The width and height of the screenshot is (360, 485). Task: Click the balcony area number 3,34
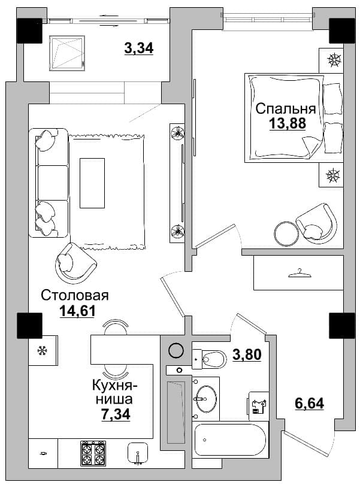coord(139,48)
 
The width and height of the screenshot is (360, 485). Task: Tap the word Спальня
coord(286,108)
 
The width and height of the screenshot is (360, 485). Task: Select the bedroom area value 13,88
coord(288,123)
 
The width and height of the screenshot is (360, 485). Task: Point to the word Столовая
coord(75,295)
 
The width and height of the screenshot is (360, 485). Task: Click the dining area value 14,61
coord(77,311)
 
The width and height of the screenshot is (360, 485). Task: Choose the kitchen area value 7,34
coord(116,414)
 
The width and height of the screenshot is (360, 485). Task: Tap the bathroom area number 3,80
coord(247,354)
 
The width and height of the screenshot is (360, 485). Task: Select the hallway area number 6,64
coord(310,404)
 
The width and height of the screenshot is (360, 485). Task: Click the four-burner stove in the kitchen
coord(93,453)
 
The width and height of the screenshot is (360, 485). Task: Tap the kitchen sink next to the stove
coord(138,453)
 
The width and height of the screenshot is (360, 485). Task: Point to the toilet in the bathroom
coord(209,359)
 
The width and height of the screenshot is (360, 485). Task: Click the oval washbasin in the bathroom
coord(206,399)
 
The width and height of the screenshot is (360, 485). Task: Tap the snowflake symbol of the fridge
coord(41,351)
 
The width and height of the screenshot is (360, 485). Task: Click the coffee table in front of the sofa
coord(92,183)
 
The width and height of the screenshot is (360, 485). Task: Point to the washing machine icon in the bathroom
coord(258,405)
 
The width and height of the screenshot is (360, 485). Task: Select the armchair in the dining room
coord(75,263)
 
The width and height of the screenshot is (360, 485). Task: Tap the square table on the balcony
coord(67,53)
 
